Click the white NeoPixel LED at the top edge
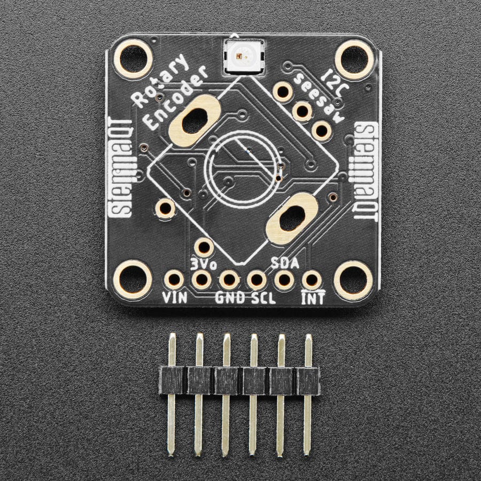click(241, 55)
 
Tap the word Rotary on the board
click(161, 81)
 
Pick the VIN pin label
click(175, 297)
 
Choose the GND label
click(229, 298)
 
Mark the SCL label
click(263, 298)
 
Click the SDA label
click(284, 262)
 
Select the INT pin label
click(313, 298)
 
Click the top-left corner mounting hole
click(133, 59)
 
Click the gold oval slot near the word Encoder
click(195, 121)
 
